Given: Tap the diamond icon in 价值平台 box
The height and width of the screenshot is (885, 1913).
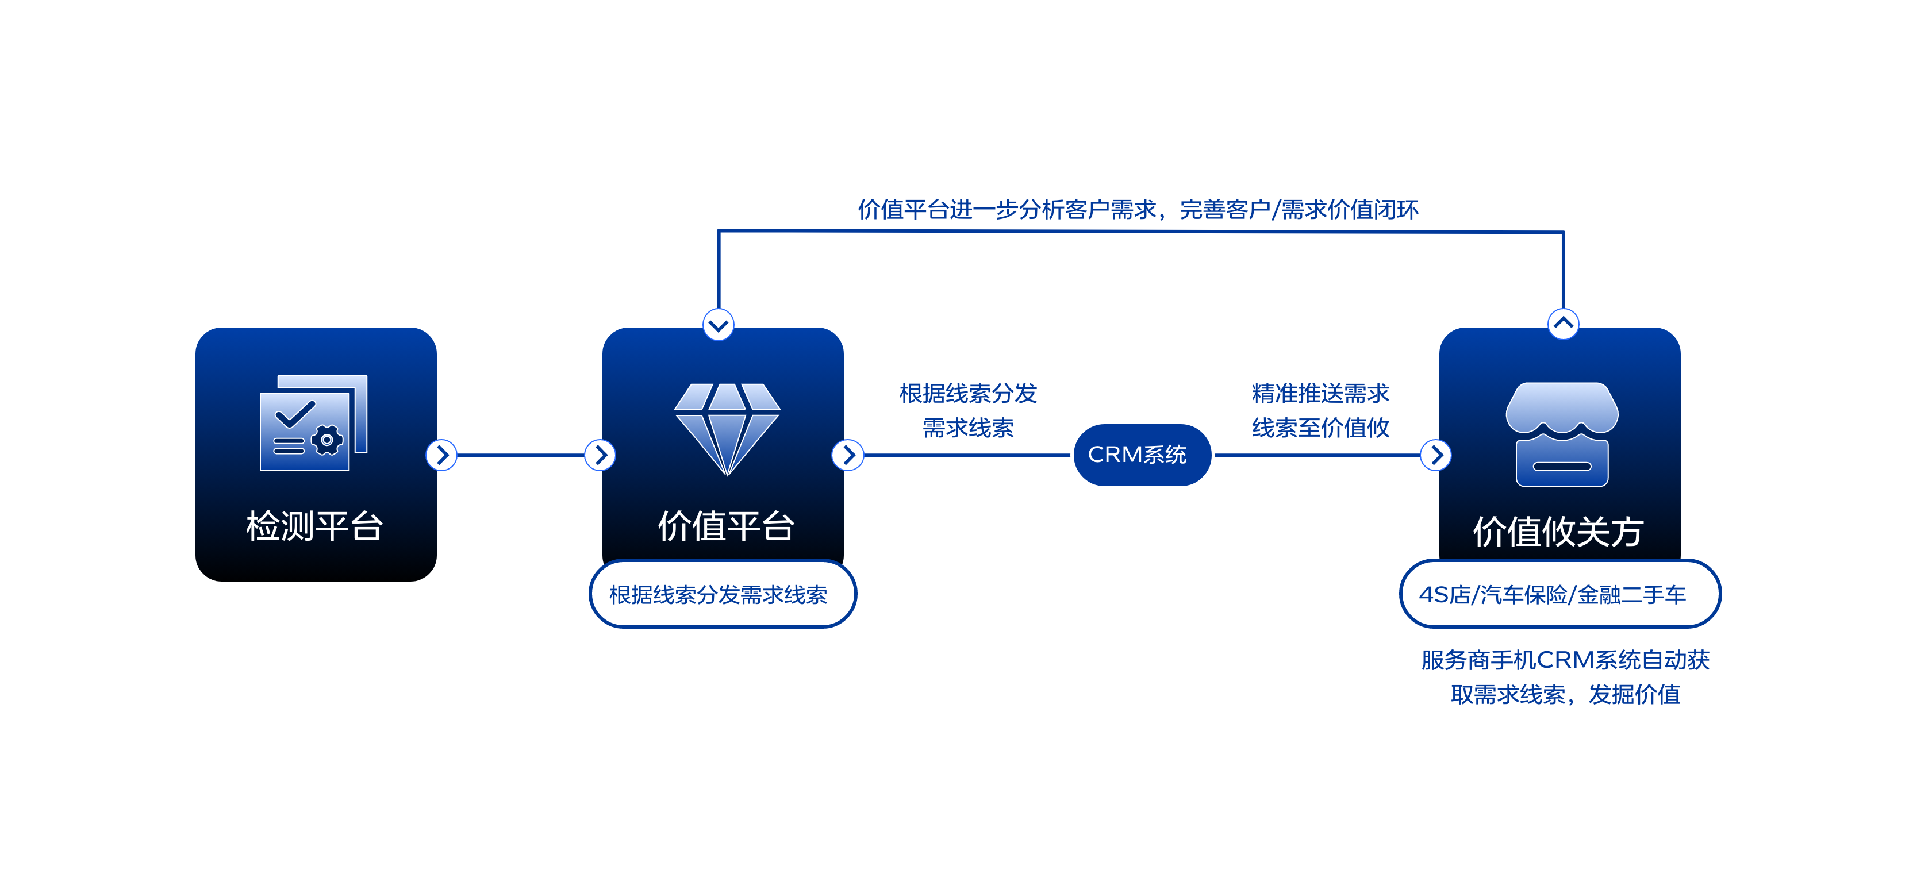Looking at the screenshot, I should pos(727,428).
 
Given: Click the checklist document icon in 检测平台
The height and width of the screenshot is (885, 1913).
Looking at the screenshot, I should pos(313,422).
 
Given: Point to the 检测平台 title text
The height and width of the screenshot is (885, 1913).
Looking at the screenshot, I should pos(315,526).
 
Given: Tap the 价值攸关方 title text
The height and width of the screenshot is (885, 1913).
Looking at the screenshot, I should pos(1557,532).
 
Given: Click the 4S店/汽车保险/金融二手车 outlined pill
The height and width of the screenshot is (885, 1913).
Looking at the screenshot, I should pos(1559,594).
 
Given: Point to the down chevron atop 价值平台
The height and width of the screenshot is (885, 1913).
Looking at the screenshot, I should pos(718,325).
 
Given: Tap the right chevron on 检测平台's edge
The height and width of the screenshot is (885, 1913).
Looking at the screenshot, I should pos(442,455).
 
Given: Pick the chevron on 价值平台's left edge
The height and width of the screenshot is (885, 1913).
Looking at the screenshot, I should pos(600,455).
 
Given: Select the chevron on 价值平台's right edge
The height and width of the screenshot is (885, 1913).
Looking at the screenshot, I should pos(847,455).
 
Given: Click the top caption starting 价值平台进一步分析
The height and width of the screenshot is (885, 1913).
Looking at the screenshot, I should pos(1138,209).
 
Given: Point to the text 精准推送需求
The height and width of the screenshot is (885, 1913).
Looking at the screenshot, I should pos(1320,393).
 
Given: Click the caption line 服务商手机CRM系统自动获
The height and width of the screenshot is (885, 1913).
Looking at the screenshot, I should pos(1565,659).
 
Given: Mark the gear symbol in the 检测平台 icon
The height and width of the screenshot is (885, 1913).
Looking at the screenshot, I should pos(326,440).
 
